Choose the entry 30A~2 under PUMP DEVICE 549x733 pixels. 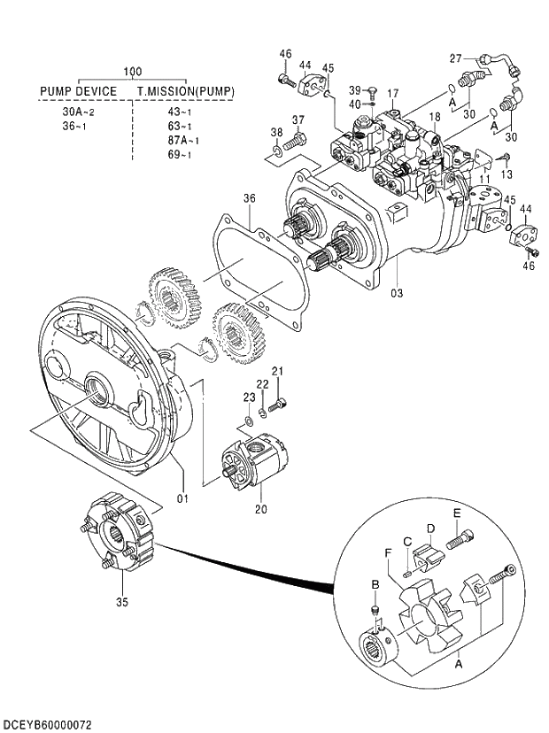78,112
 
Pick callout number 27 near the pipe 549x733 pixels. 455,58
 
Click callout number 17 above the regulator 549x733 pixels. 393,93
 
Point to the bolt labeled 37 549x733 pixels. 298,139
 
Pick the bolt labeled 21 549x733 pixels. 281,404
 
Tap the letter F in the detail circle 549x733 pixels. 389,553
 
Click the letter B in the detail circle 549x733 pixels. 375,586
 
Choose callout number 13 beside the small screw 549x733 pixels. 506,174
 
